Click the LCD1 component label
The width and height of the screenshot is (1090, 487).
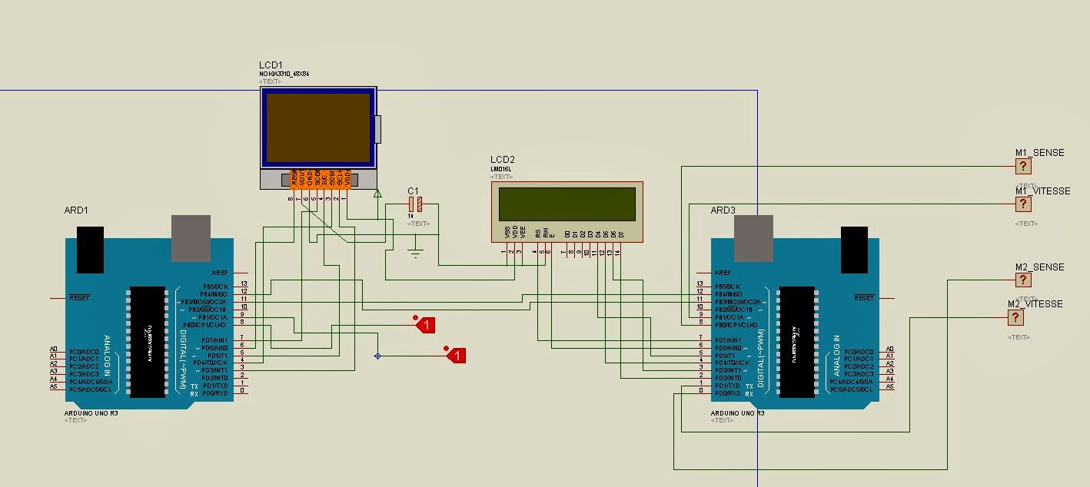pyautogui.click(x=270, y=65)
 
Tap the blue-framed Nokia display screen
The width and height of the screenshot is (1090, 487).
pyautogui.click(x=318, y=128)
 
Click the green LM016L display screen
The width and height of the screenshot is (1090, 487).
pyautogui.click(x=567, y=204)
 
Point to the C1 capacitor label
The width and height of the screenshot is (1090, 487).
pyautogui.click(x=414, y=190)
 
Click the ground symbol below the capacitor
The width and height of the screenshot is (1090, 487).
pyautogui.click(x=416, y=254)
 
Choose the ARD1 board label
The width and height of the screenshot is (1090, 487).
pyautogui.click(x=77, y=210)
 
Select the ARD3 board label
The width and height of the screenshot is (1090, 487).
pyautogui.click(x=723, y=210)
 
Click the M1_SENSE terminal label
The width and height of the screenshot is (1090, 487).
pyautogui.click(x=1039, y=153)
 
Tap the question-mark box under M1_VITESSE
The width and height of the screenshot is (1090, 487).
pyautogui.click(x=1023, y=204)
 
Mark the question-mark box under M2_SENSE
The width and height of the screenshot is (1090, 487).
pyautogui.click(x=1023, y=280)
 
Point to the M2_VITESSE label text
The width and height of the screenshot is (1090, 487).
pyautogui.click(x=1035, y=304)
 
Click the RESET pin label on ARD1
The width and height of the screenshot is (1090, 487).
pyautogui.click(x=80, y=297)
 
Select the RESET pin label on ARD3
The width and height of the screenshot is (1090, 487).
pyautogui.click(x=864, y=297)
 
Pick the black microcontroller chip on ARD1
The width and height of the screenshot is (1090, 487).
pyautogui.click(x=148, y=342)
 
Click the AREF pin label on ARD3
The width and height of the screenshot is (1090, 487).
pyautogui.click(x=723, y=273)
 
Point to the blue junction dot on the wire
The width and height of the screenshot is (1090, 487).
pyautogui.click(x=377, y=356)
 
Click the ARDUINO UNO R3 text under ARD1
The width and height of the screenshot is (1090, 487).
pyautogui.click(x=91, y=412)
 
